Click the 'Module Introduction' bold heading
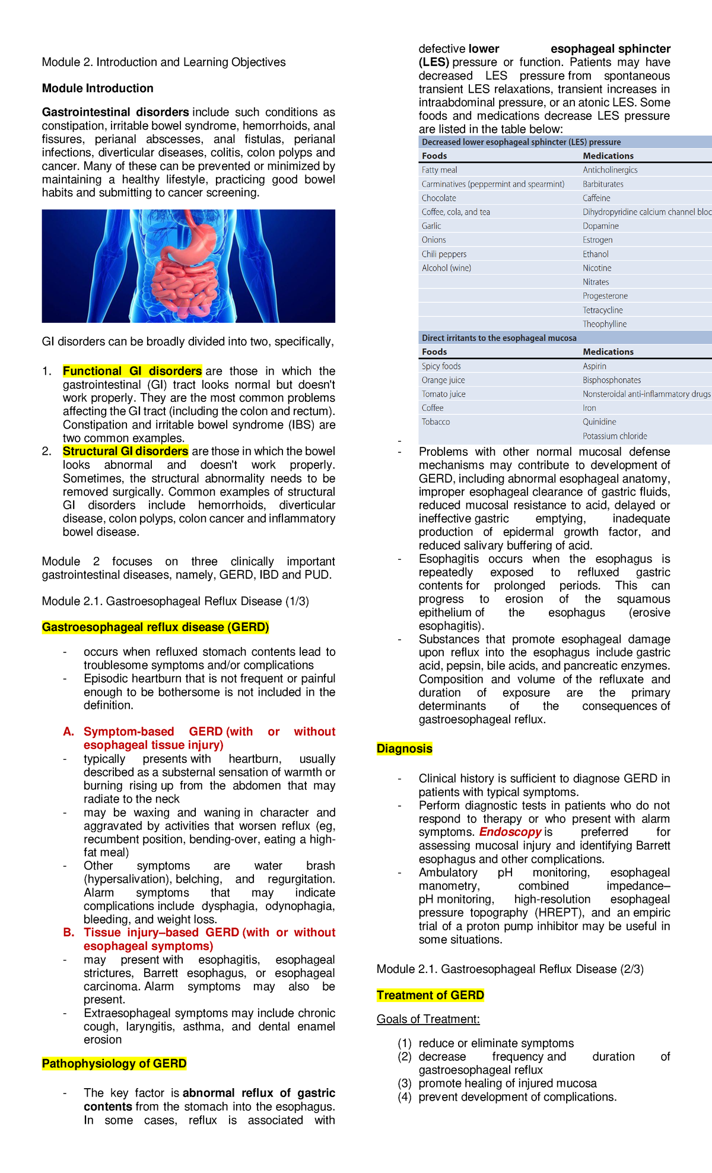pyautogui.click(x=97, y=88)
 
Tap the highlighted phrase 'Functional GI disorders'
pyautogui.click(x=132, y=371)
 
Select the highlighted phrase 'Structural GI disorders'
pyautogui.click(x=125, y=451)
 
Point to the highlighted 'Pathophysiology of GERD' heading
pyautogui.click(x=114, y=1063)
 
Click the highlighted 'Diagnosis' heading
pyautogui.click(x=404, y=749)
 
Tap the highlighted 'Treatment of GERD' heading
pyautogui.click(x=430, y=995)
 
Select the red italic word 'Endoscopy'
pyautogui.click(x=510, y=832)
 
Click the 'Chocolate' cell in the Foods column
pyautogui.click(x=439, y=198)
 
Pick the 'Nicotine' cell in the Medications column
pyautogui.click(x=597, y=268)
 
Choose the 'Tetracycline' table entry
pyautogui.click(x=602, y=310)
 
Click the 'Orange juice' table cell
pyautogui.click(x=443, y=381)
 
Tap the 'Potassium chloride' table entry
pyautogui.click(x=615, y=436)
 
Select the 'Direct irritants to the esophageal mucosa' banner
pyautogui.click(x=499, y=338)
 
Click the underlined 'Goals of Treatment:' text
pyautogui.click(x=428, y=1019)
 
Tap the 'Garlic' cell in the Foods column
pyautogui.click(x=431, y=226)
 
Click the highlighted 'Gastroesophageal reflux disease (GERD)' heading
pyautogui.click(x=155, y=627)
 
